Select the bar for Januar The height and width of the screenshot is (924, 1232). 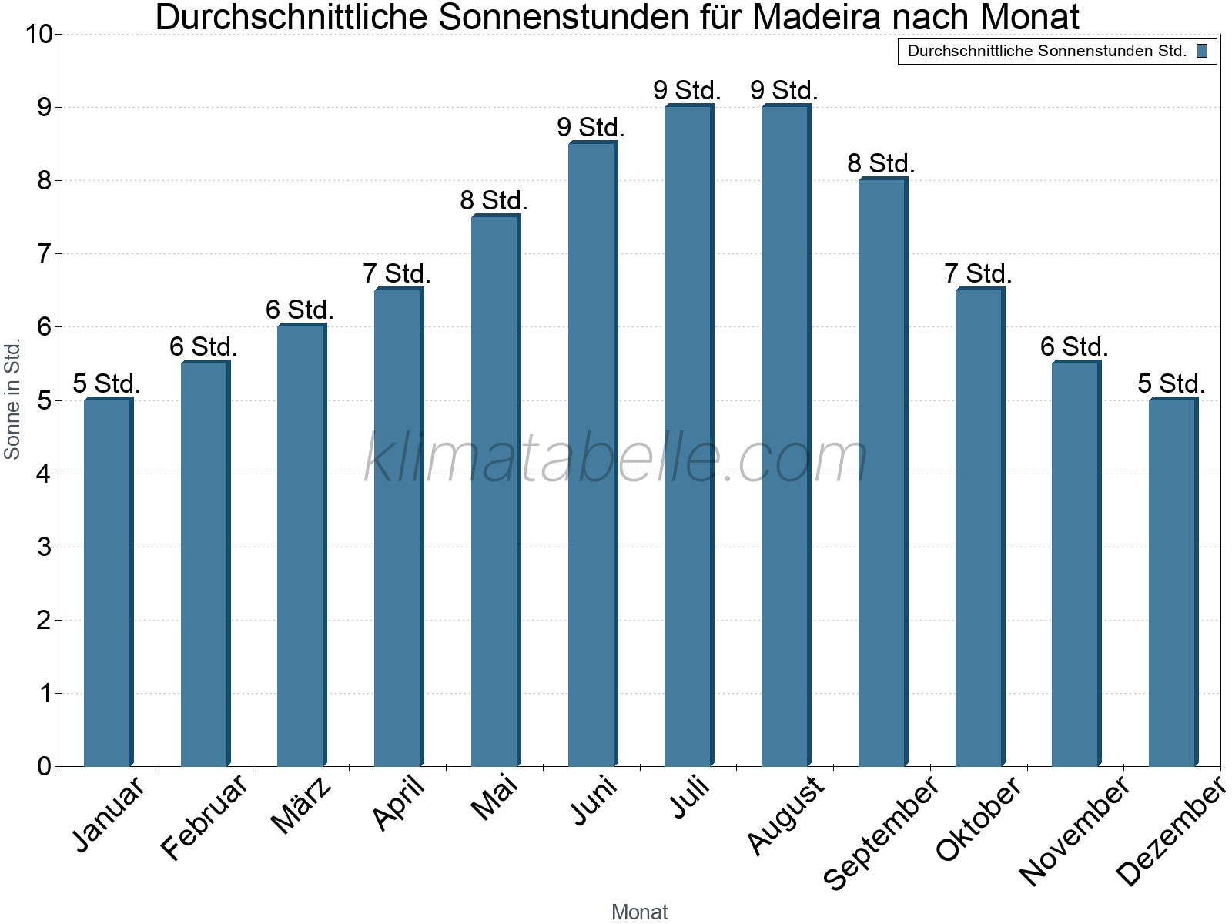point(108,582)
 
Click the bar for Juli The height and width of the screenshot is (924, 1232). point(688,436)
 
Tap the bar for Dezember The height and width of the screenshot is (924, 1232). point(1172,582)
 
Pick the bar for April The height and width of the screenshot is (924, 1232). point(398,527)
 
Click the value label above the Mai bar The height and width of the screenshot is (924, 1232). point(494,201)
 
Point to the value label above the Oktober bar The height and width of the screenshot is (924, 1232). point(978,274)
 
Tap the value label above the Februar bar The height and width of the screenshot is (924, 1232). point(203,347)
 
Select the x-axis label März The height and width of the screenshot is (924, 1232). point(302,805)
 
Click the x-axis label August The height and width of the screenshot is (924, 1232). point(785,815)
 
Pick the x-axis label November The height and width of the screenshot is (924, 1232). point(1074,831)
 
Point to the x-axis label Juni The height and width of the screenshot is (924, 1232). point(594,801)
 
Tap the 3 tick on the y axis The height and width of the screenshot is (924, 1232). point(44,547)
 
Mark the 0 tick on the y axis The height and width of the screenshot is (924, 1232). point(44,767)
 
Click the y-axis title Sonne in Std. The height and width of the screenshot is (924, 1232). point(12,400)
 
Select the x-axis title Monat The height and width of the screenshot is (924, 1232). point(639,912)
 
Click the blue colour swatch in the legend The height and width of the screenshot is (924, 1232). point(1202,52)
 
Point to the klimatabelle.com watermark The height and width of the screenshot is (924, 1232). point(616,458)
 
